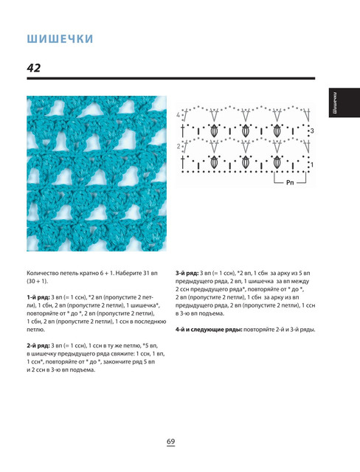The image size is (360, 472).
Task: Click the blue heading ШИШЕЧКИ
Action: (x=60, y=39)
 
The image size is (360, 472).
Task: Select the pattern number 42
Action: (x=34, y=68)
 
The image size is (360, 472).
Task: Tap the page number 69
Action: (x=170, y=441)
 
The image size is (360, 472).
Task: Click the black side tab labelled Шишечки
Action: (x=344, y=103)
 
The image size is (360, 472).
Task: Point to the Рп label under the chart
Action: (x=290, y=182)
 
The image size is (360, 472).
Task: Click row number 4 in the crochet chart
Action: (x=179, y=115)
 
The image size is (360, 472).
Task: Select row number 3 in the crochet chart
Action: (x=313, y=131)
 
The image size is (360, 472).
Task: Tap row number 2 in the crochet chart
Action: (x=179, y=146)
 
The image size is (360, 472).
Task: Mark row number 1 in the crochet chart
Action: (x=312, y=164)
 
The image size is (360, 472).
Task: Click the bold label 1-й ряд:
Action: (x=38, y=297)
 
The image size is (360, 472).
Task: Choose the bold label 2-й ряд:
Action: (x=38, y=345)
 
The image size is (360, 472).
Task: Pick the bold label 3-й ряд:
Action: (x=187, y=273)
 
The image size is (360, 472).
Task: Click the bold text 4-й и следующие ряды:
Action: (x=209, y=330)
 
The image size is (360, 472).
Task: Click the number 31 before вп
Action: (x=146, y=273)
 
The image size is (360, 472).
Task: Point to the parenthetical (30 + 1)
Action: (x=38, y=281)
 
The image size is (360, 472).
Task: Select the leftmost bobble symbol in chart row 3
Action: (x=214, y=131)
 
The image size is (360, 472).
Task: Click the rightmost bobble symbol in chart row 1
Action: (x=277, y=162)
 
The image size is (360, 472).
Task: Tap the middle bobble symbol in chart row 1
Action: (x=246, y=162)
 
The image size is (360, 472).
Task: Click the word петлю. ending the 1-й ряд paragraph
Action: (x=36, y=330)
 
